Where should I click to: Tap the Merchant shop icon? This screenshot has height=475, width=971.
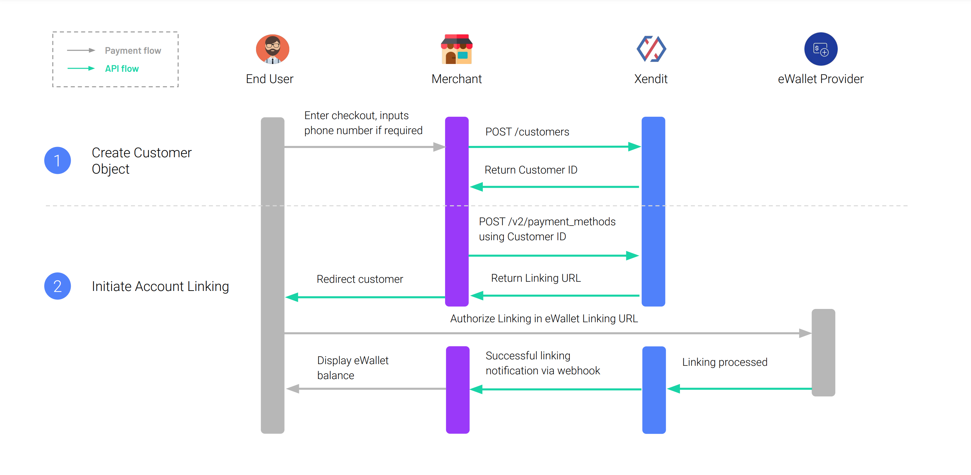457,49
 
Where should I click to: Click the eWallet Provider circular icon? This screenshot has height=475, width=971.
821,49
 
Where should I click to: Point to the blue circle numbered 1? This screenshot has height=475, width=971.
57,160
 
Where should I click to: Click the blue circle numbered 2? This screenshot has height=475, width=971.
57,286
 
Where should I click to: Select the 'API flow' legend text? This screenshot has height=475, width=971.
121,69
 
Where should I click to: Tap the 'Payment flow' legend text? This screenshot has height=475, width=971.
133,51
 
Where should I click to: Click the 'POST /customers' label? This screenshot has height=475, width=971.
527,132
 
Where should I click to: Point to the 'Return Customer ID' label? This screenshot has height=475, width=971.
530,170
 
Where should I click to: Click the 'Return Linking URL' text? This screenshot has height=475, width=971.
535,278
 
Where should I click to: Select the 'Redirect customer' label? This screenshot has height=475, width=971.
360,279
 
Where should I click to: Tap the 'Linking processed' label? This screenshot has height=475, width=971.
724,362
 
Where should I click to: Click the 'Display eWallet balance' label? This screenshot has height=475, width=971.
353,367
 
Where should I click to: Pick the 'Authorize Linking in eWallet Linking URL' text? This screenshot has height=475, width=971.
544,319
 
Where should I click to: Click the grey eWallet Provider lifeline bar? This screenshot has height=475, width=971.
823,353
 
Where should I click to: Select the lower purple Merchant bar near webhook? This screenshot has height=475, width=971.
457,390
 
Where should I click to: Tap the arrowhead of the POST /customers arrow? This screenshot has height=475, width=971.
634,146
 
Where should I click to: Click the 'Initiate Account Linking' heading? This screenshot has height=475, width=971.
160,286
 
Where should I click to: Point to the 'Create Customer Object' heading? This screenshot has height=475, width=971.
141,161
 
